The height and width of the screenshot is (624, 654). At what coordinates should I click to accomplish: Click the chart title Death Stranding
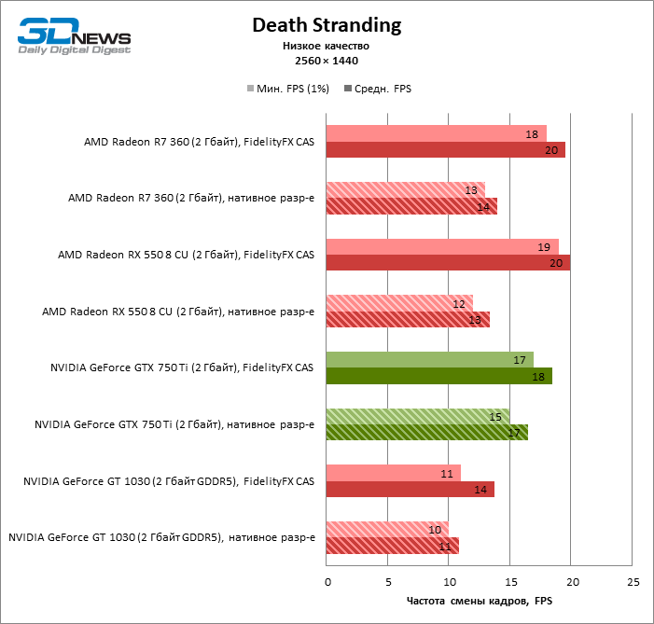point(327,25)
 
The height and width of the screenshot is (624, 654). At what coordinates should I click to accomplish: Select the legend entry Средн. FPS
point(378,89)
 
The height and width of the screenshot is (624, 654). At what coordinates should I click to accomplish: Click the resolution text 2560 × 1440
point(327,61)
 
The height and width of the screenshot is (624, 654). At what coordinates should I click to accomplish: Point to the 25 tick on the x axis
point(633,581)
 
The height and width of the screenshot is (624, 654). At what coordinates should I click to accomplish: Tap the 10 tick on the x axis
point(449,581)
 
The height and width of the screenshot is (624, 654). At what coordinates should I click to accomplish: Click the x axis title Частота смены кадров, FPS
point(479,601)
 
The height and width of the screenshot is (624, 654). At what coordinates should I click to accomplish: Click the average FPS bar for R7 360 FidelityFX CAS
point(446,150)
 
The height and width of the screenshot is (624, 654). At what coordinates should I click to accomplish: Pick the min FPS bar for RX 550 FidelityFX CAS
point(442,246)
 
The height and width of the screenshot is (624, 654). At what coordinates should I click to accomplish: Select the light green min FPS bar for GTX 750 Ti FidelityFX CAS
point(430,359)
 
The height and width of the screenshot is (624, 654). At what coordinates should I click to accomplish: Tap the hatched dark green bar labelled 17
point(427,433)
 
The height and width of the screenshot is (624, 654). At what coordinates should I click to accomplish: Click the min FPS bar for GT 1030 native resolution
point(387,529)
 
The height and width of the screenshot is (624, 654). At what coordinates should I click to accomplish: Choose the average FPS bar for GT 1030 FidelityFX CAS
point(410,489)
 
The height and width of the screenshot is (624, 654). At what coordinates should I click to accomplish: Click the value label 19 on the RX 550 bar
point(543,247)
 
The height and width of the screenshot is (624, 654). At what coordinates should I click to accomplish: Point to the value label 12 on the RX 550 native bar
point(459,303)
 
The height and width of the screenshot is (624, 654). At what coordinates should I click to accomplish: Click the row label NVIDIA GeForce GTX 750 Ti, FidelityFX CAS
point(182,368)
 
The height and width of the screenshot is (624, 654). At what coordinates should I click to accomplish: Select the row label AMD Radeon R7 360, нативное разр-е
point(191,198)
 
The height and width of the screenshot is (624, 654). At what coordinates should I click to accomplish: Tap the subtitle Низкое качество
point(327,46)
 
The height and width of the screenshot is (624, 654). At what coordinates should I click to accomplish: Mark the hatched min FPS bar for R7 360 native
point(406,189)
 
